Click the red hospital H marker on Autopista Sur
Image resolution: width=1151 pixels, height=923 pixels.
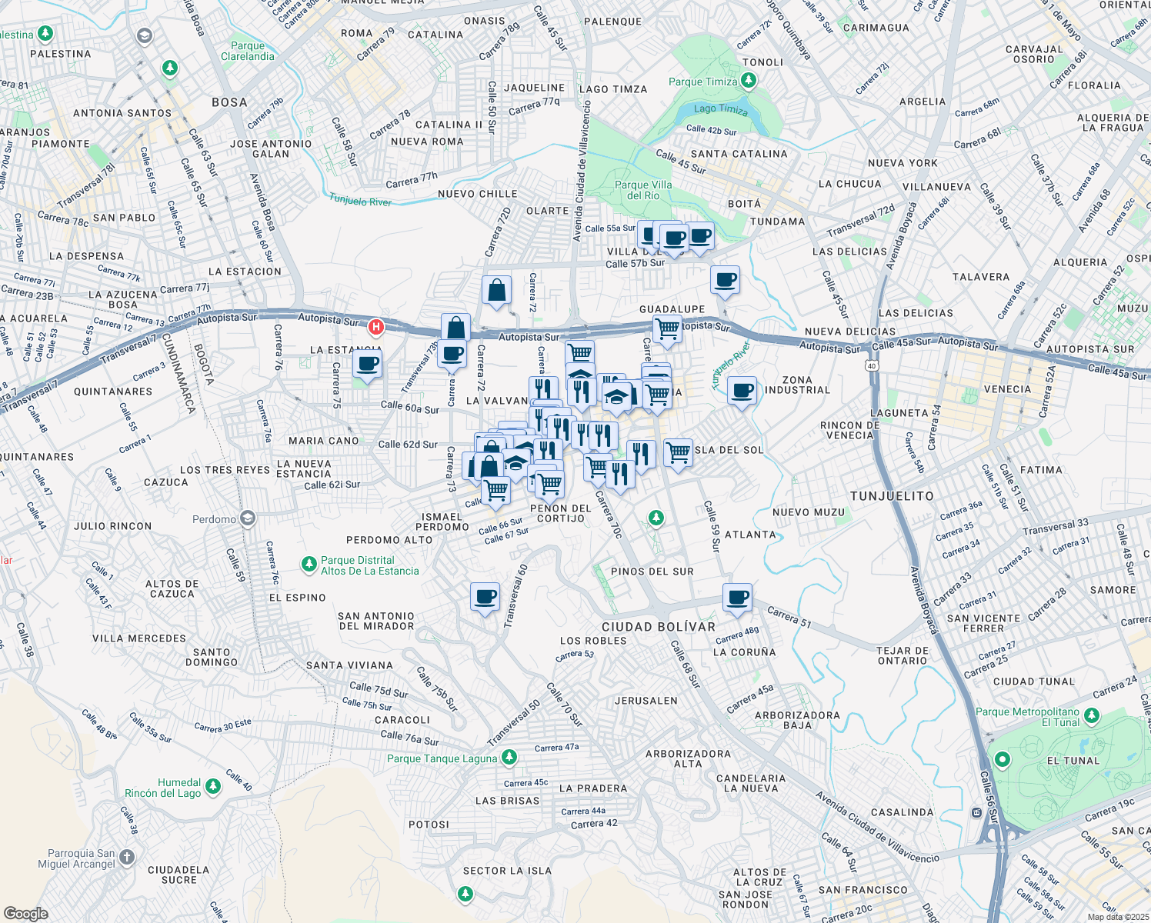click(375, 327)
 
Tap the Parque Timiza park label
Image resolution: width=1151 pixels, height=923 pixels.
click(702, 82)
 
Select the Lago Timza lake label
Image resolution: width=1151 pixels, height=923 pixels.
click(720, 109)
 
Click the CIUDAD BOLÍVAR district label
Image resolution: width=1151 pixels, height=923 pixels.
click(659, 627)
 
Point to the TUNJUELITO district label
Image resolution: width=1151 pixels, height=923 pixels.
click(892, 496)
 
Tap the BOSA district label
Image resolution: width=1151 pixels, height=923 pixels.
click(229, 102)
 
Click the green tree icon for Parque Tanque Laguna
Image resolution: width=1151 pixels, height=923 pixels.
click(509, 758)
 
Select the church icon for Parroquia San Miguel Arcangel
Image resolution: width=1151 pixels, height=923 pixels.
click(127, 857)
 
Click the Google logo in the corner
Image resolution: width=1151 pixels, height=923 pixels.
click(25, 913)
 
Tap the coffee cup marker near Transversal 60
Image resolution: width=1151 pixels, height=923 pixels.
click(485, 597)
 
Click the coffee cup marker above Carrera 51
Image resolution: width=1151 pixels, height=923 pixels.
click(737, 597)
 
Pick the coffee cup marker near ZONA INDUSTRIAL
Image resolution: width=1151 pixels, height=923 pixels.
click(742, 391)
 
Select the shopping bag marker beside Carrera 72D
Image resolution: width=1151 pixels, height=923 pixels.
click(496, 291)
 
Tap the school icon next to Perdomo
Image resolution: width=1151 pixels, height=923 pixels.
click(247, 518)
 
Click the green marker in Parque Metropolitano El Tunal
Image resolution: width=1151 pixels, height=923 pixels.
click(1002, 760)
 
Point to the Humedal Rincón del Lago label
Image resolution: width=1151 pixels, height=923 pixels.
click(163, 788)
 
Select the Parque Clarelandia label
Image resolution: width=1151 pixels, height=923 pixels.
click(247, 51)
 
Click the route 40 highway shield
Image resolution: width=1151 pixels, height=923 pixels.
click(872, 365)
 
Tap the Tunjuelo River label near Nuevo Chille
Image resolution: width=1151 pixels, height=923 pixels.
click(360, 201)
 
